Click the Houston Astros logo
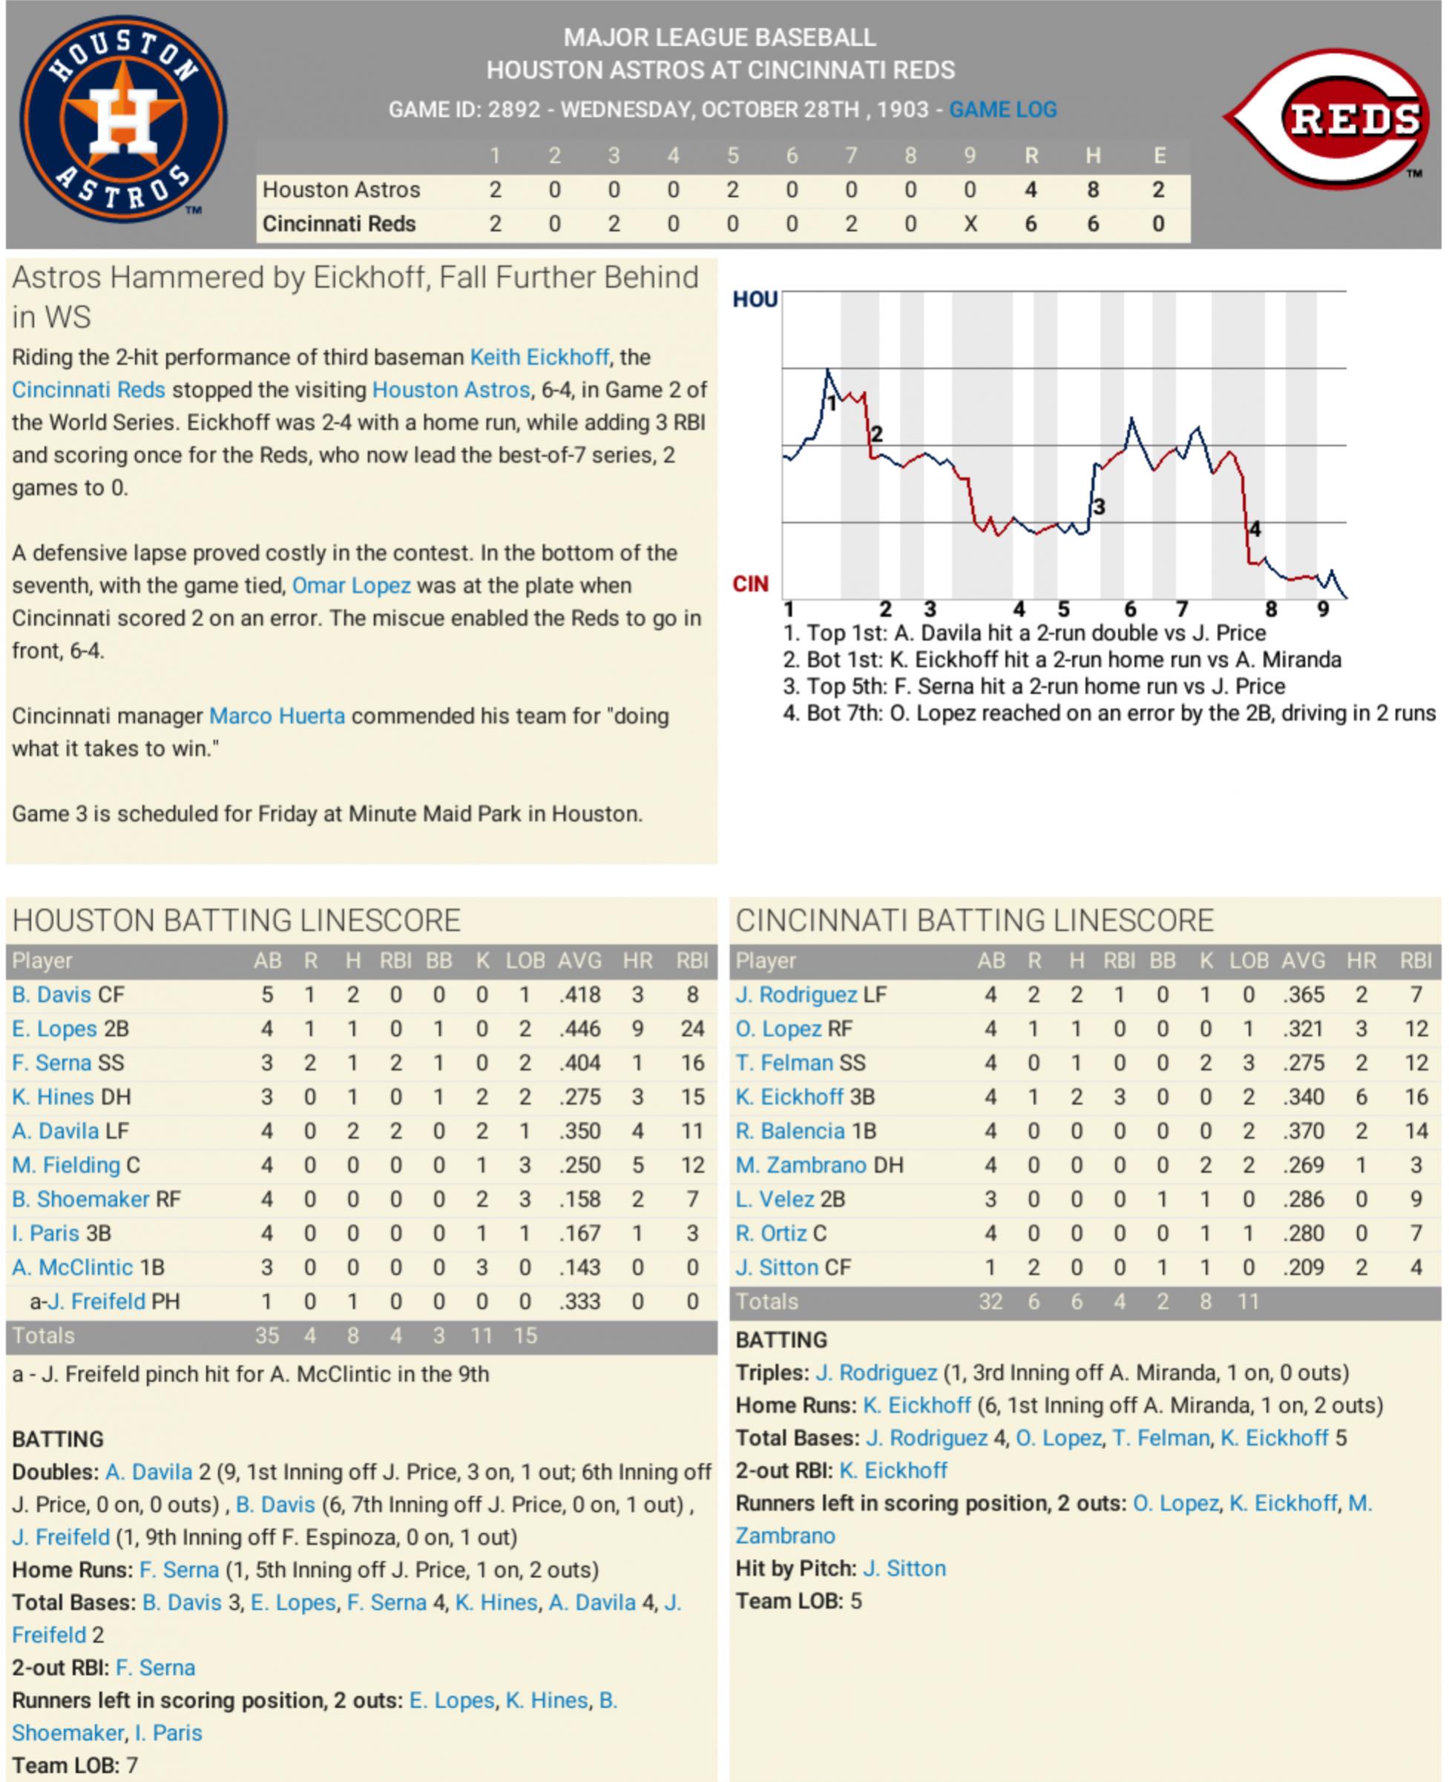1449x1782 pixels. tap(122, 119)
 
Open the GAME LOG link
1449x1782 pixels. tap(1002, 109)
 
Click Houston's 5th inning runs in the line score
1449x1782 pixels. tap(732, 190)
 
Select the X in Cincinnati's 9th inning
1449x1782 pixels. tap(970, 225)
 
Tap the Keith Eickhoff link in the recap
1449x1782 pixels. tap(539, 357)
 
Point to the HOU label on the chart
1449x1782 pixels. tap(755, 300)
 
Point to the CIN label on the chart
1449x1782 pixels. tap(749, 584)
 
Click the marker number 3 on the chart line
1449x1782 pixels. tap(1100, 506)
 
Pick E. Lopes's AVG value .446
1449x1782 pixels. tap(579, 1029)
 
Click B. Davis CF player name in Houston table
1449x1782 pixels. tap(68, 994)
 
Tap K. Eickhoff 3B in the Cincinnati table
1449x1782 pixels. tap(804, 1097)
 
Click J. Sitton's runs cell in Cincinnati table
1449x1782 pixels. tap(1034, 1267)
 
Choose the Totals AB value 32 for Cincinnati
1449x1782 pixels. tap(990, 1301)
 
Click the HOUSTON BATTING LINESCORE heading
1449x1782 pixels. tap(236, 920)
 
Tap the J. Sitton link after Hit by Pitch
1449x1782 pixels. tap(904, 1568)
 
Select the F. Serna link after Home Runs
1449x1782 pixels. tap(179, 1569)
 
